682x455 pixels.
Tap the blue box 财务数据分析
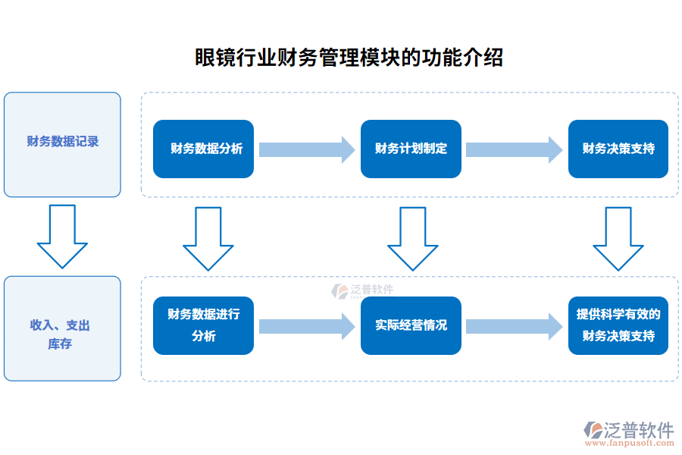(x=203, y=149)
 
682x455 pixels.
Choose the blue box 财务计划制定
(x=411, y=149)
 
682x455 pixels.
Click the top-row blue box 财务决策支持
(x=618, y=149)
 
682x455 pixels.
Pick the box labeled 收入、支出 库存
(x=62, y=328)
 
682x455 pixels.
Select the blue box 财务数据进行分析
(x=203, y=325)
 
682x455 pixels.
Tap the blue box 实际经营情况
(x=411, y=325)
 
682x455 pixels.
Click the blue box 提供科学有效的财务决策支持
(x=618, y=325)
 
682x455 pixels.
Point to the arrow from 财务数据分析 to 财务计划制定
(x=307, y=149)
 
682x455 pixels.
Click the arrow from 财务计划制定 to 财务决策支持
(x=514, y=149)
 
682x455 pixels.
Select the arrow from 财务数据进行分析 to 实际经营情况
(x=307, y=326)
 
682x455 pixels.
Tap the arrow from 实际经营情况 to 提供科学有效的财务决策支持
(x=514, y=326)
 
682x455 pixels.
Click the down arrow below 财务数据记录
(x=62, y=236)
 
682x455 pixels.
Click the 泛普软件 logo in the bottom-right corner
(x=630, y=430)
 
